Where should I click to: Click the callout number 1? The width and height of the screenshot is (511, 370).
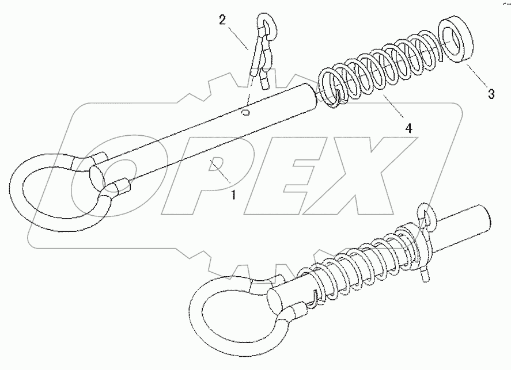pyautogui.click(x=233, y=195)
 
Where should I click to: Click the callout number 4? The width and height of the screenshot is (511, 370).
pyautogui.click(x=408, y=127)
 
